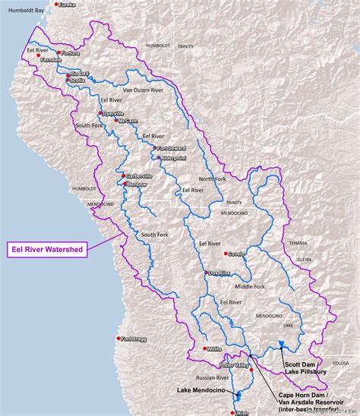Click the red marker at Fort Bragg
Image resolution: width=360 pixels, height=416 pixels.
pos(118,339)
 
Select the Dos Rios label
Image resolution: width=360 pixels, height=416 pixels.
pos(219,273)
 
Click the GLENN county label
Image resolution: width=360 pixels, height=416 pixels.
pos(305,258)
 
